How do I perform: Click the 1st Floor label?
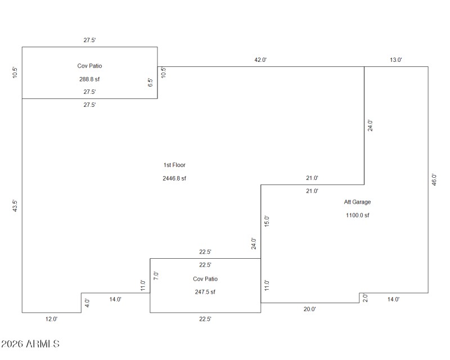[174, 165]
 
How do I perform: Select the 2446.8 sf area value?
[174, 178]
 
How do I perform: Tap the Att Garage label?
[358, 202]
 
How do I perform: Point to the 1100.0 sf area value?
[358, 215]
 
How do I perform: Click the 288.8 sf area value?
[89, 79]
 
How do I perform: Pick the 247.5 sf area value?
[205, 292]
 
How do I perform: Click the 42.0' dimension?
[260, 60]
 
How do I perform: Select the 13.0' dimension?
[396, 60]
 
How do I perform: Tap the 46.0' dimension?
[434, 180]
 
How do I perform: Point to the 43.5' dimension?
[15, 205]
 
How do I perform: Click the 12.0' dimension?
[51, 319]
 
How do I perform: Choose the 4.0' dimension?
[87, 302]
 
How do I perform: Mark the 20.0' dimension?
[310, 309]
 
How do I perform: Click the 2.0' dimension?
[365, 297]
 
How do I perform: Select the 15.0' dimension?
[267, 221]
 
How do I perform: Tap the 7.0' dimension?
[156, 276]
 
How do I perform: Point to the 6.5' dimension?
[150, 82]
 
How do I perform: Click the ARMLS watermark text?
[30, 343]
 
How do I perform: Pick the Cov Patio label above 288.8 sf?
[89, 66]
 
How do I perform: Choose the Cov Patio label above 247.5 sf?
[205, 279]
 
